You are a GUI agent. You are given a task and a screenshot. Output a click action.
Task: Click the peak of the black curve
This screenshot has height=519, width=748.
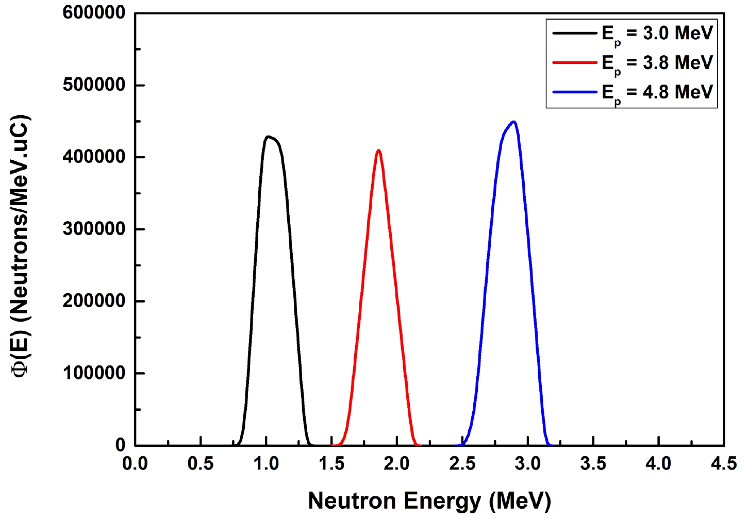click(x=268, y=137)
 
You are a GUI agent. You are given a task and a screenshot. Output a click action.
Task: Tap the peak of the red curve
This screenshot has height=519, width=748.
click(x=379, y=150)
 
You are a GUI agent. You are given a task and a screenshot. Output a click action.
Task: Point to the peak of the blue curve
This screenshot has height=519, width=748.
click(x=513, y=122)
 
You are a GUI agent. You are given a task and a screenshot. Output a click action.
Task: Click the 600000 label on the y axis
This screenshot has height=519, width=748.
click(x=94, y=12)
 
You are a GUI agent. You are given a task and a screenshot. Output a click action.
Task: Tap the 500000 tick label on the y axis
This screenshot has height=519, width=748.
click(x=94, y=85)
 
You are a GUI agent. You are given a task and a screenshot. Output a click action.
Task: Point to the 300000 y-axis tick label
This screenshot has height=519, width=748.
click(x=94, y=229)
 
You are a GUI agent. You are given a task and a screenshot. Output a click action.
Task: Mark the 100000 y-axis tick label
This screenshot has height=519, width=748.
click(x=94, y=373)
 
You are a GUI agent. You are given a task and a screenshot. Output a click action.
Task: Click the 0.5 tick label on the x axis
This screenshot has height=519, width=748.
click(x=201, y=464)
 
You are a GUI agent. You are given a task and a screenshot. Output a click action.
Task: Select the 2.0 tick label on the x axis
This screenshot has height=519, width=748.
click(x=397, y=464)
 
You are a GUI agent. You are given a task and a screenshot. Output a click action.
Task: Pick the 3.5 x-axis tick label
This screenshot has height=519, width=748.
click(x=593, y=464)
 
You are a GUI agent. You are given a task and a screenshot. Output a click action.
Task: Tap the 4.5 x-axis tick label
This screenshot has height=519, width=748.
click(x=724, y=464)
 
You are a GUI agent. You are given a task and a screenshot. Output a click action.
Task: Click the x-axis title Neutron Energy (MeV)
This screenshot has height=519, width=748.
click(x=429, y=500)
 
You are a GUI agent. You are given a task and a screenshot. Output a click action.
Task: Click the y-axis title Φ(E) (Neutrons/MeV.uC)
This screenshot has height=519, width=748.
click(x=22, y=246)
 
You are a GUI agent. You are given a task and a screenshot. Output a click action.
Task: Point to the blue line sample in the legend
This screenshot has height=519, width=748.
click(x=574, y=92)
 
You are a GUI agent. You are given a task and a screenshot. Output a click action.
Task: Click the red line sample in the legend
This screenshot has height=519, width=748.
click(x=574, y=63)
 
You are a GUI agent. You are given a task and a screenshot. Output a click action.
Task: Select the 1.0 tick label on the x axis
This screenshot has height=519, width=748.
click(x=266, y=464)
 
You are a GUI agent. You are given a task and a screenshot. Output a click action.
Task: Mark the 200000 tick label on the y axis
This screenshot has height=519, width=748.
click(x=94, y=301)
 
